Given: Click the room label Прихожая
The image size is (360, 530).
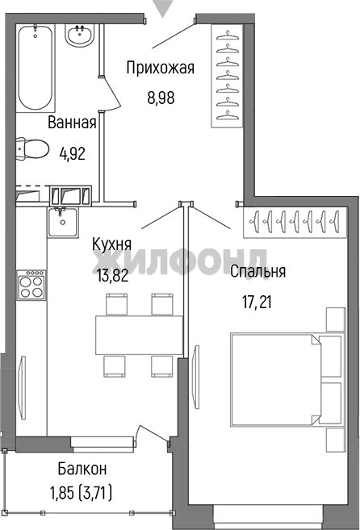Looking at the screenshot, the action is click(161, 68).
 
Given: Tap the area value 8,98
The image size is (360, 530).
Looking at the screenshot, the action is click(161, 98).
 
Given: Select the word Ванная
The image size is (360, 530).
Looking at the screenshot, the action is click(72, 123).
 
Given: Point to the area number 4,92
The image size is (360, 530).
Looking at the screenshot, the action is click(72, 154).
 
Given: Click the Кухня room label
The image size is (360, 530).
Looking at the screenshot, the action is click(111, 244).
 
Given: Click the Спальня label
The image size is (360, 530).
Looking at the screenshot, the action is click(257, 271).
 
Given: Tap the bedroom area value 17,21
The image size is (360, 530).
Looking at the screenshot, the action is click(257, 302).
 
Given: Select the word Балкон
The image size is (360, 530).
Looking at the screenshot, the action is click(82, 469).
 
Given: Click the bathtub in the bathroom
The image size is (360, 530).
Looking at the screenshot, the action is click(36, 69).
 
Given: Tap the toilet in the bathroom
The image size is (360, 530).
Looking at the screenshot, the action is click(32, 148).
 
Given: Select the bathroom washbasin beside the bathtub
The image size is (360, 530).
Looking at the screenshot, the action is click(80, 35).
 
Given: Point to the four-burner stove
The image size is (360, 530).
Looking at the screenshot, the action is click(31, 285).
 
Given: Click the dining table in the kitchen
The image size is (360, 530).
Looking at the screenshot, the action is click(139, 335).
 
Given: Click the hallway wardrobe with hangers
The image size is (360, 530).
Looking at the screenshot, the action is click(227, 76).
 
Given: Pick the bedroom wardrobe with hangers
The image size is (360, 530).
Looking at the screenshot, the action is click(295, 222).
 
